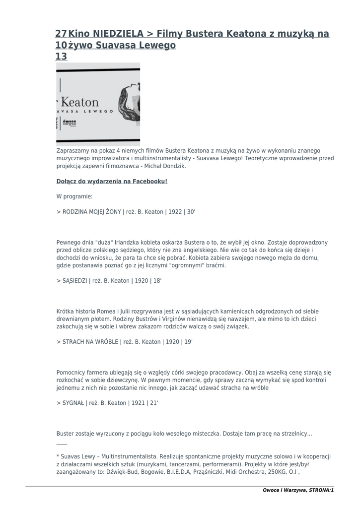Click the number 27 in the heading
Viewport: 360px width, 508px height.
[x=61, y=34]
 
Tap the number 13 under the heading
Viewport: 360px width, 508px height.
[x=61, y=57]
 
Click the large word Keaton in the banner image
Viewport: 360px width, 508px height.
[x=80, y=103]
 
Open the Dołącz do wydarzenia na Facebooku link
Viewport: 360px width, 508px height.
[x=112, y=182]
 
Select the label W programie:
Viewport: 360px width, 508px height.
[x=74, y=196]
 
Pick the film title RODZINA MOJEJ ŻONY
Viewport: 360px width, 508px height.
[x=91, y=212]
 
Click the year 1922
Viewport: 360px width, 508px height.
[x=175, y=212]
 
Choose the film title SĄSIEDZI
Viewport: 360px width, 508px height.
[x=74, y=281]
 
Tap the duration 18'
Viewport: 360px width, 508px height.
[x=157, y=281]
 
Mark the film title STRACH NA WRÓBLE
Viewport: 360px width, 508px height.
[x=90, y=342]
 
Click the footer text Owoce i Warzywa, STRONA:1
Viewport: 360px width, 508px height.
[x=298, y=490]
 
